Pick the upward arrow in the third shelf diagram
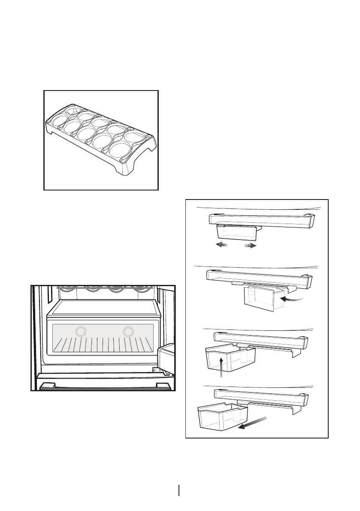pyautogui.click(x=221, y=368)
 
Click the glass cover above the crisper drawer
pyautogui.click(x=102, y=309)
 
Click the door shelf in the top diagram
pyautogui.click(x=262, y=219)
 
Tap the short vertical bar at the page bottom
pyautogui.click(x=180, y=490)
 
